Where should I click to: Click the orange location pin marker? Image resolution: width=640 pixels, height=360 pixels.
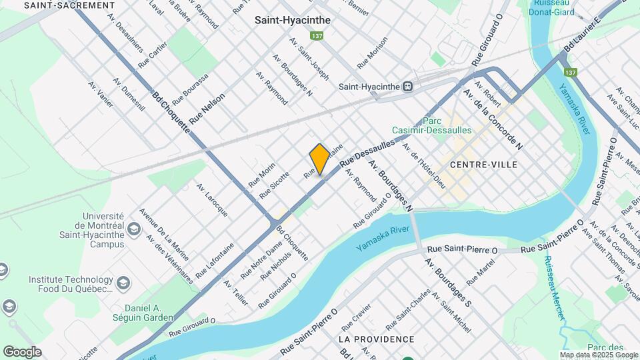click(319, 159)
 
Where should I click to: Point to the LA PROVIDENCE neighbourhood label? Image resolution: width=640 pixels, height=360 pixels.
click(376, 339)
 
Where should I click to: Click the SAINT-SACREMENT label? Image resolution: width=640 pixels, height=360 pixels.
click(69, 5)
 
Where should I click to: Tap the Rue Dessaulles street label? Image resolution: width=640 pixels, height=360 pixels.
click(367, 153)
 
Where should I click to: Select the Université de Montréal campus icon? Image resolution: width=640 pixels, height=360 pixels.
click(134, 231)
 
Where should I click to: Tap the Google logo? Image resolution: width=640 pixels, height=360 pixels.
click(22, 351)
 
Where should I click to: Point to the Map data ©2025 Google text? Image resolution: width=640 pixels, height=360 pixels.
click(599, 354)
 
